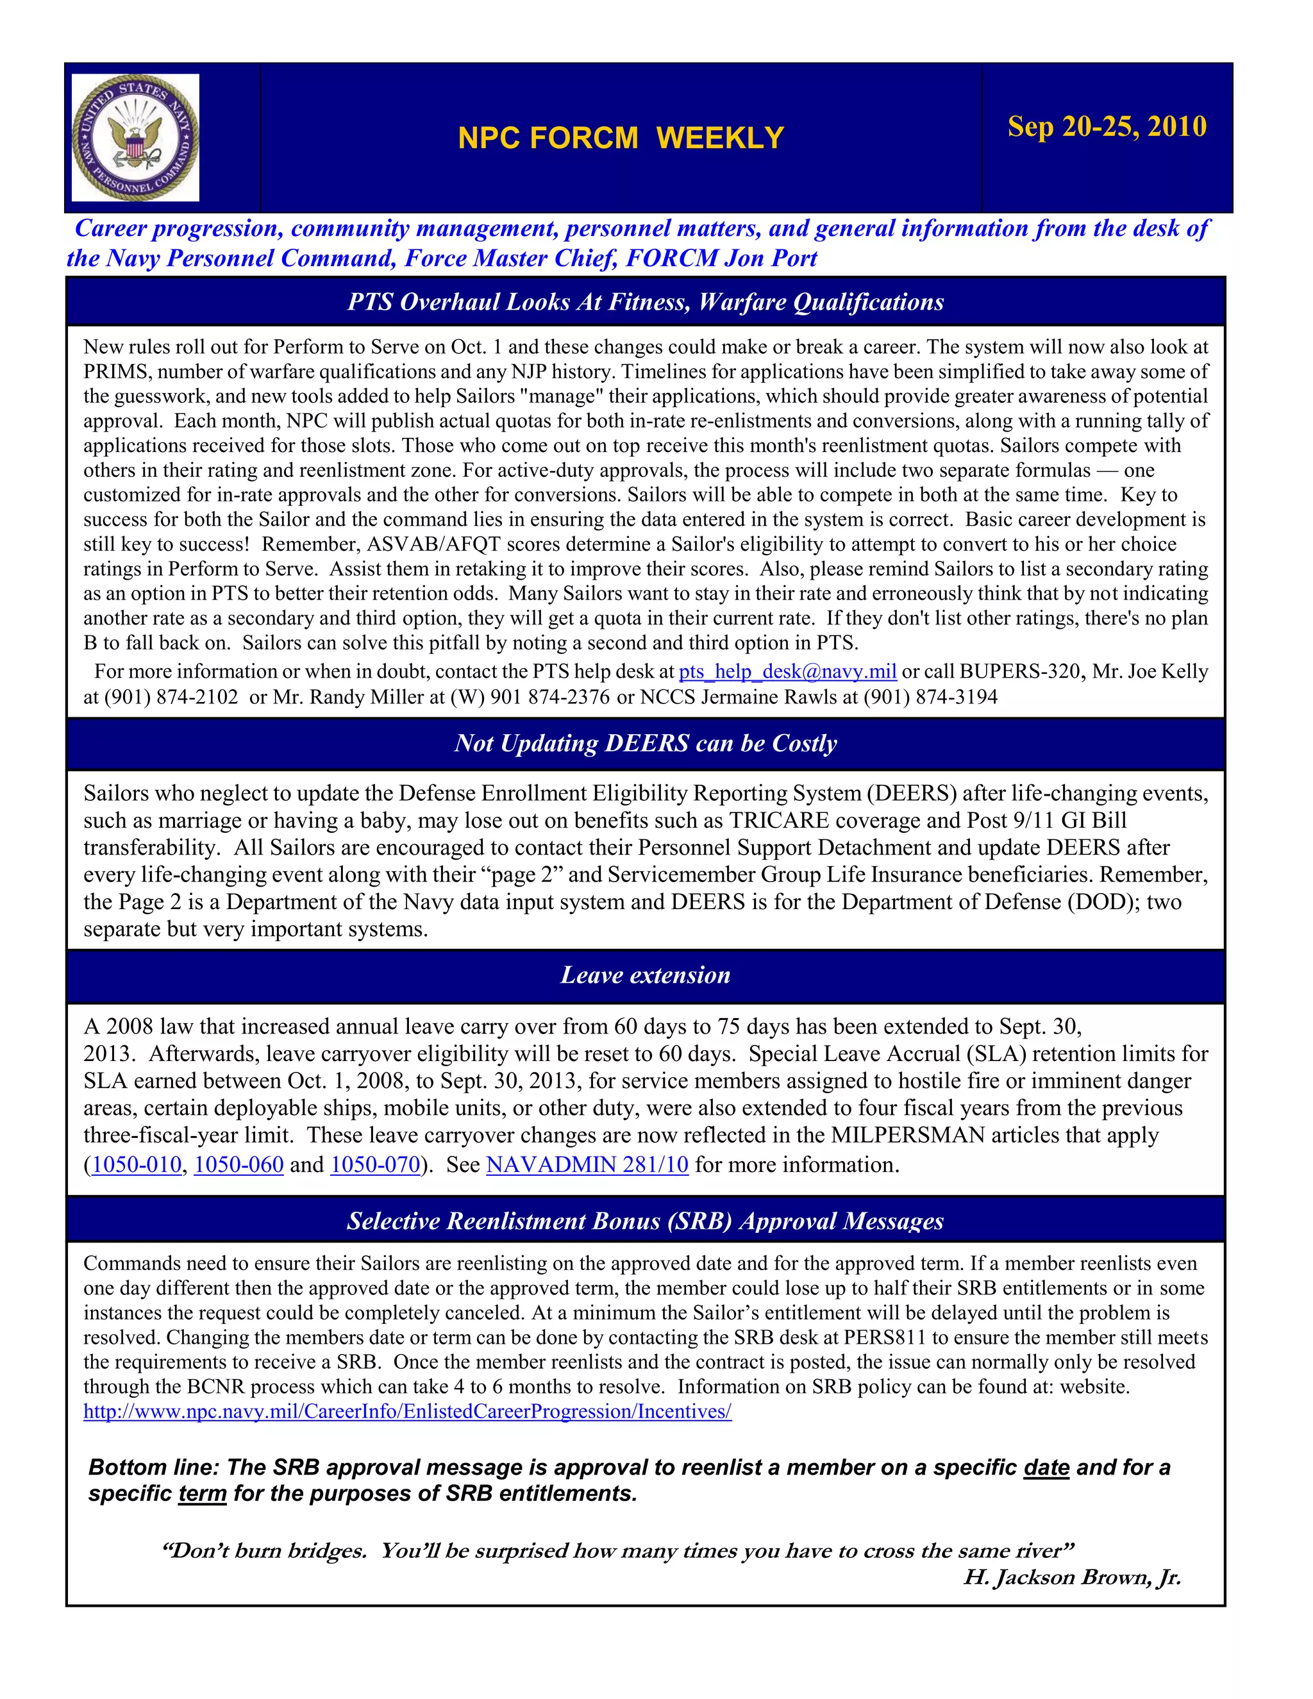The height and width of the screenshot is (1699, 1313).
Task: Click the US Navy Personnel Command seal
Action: (135, 138)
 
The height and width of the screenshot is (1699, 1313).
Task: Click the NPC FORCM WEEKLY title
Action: (621, 138)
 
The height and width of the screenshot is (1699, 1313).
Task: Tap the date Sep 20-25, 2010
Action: (1107, 126)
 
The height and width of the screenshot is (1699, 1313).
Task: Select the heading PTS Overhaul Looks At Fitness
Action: (646, 302)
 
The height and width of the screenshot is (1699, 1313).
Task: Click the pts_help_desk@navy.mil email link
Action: (787, 671)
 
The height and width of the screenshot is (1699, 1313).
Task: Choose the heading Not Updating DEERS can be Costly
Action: (646, 743)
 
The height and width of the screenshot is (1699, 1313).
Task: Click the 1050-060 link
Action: (238, 1164)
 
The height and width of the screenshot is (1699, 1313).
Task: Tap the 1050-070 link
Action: (375, 1164)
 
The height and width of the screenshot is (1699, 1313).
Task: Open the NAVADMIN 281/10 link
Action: (587, 1164)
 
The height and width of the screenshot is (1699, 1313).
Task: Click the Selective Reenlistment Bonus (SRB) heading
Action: (646, 1221)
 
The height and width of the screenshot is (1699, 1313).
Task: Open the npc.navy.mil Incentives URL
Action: (408, 1411)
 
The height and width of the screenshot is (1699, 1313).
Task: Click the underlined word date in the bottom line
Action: (1046, 1467)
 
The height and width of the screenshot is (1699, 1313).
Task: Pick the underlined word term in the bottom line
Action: (202, 1494)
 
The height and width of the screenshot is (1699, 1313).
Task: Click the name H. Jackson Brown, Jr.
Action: (1072, 1577)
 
